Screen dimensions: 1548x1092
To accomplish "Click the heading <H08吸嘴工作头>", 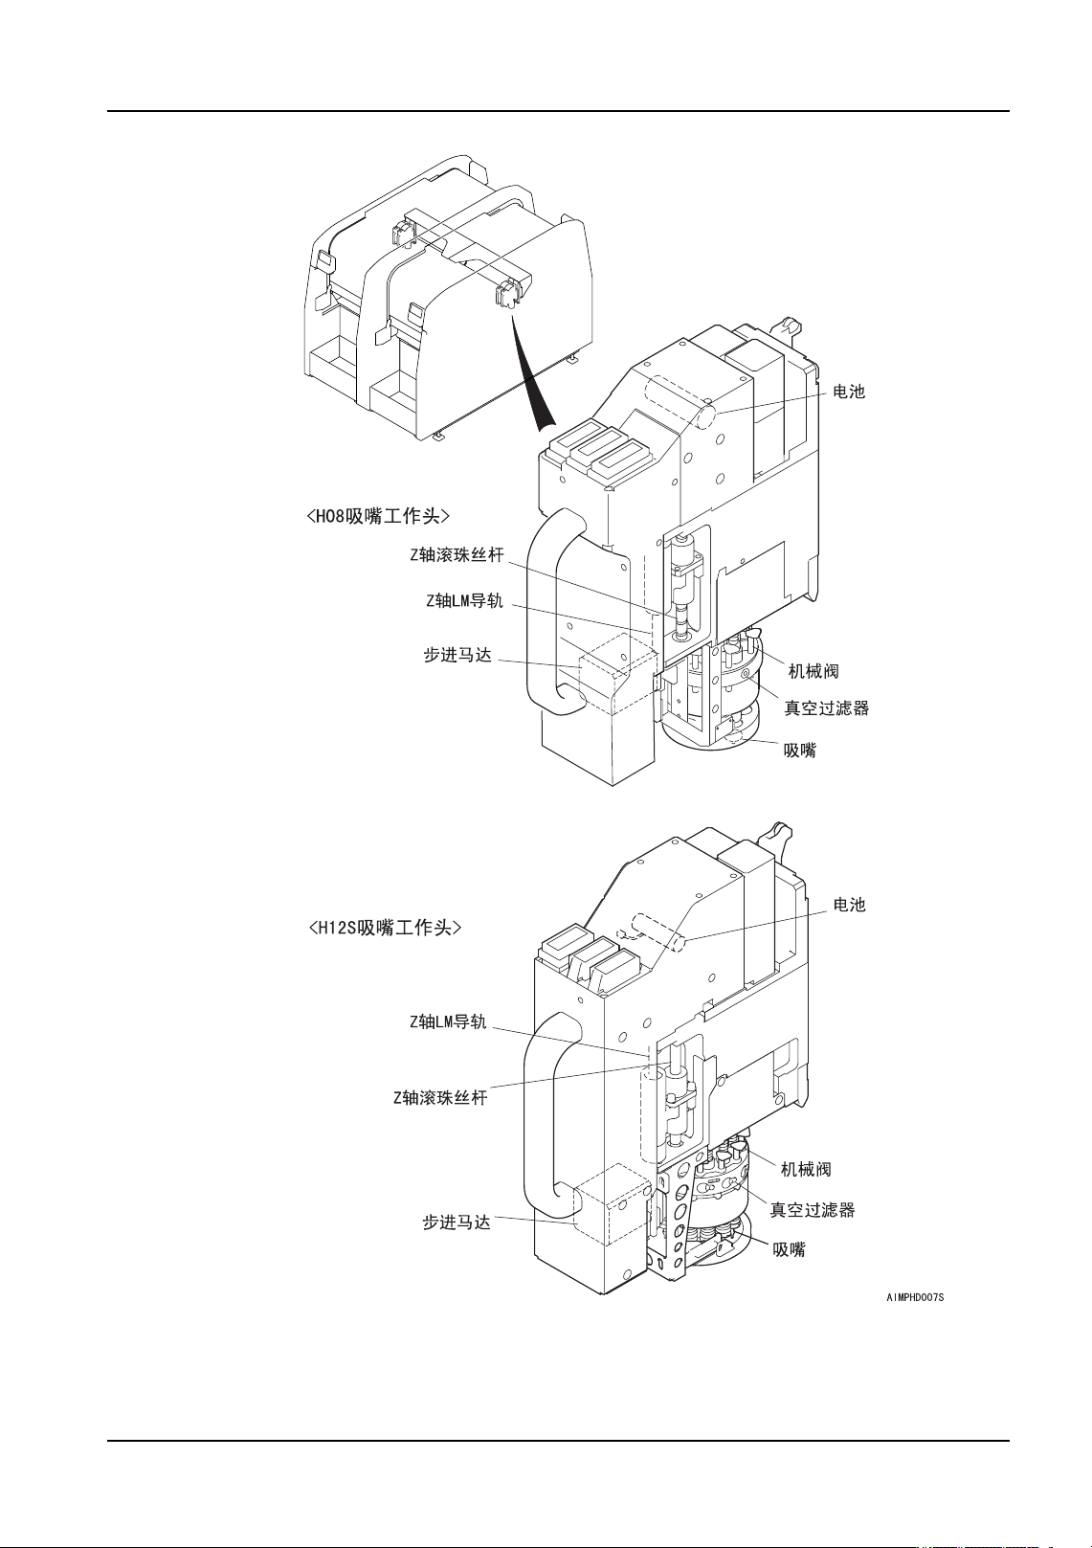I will pyautogui.click(x=378, y=517).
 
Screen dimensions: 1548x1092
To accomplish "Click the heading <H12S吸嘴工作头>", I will pyautogui.click(x=385, y=928).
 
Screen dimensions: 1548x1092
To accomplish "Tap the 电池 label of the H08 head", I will pyautogui.click(x=849, y=392).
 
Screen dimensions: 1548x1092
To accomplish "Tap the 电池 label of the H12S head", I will pyautogui.click(x=849, y=905).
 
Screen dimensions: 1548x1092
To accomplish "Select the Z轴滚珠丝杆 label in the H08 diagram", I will pyautogui.click(x=457, y=555).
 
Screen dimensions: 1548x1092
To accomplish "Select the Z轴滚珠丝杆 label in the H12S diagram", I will pyautogui.click(x=440, y=1098).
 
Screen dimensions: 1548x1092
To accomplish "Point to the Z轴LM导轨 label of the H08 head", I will pyautogui.click(x=464, y=601).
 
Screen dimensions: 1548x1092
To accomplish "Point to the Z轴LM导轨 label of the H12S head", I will pyautogui.click(x=448, y=1022).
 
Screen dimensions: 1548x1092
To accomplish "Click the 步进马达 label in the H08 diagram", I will pyautogui.click(x=457, y=656).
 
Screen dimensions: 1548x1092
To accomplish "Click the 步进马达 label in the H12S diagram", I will pyautogui.click(x=457, y=1223).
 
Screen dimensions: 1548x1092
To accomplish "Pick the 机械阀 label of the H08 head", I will pyautogui.click(x=813, y=671).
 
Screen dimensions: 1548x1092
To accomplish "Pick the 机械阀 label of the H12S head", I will pyautogui.click(x=806, y=1169).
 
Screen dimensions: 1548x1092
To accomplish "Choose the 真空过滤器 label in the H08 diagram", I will pyautogui.click(x=827, y=708).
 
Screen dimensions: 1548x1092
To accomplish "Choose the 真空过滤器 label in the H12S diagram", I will pyautogui.click(x=813, y=1210).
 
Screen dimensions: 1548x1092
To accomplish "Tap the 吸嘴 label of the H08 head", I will pyautogui.click(x=800, y=751).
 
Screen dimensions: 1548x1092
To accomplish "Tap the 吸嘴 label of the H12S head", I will pyautogui.click(x=790, y=1249).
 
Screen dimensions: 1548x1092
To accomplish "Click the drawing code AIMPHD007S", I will pyautogui.click(x=915, y=1297).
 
